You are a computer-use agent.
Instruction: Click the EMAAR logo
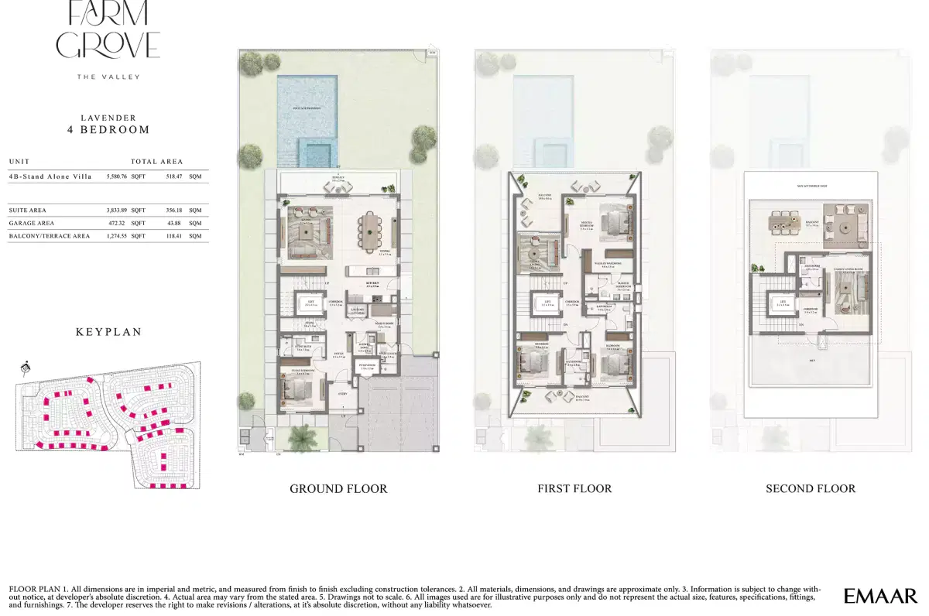[881, 596]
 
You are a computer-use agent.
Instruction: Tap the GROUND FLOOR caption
[338, 489]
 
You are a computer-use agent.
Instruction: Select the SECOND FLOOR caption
[811, 489]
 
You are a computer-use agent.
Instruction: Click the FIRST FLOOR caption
[574, 489]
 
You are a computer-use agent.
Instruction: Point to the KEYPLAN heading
[108, 332]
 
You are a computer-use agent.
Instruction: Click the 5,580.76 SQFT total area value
[126, 177]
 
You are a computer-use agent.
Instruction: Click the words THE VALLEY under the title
[108, 77]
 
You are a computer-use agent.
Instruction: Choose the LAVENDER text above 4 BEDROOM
[108, 118]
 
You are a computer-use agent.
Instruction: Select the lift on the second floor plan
[782, 304]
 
